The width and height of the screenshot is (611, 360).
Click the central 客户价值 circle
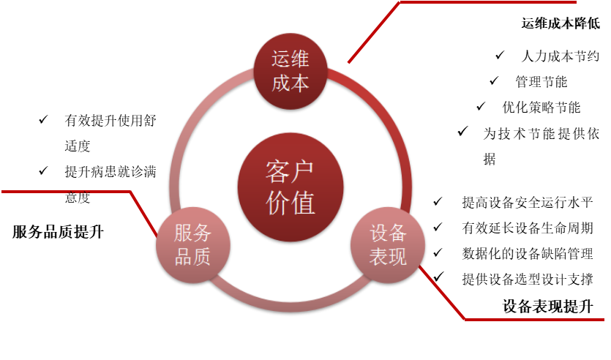coord(290,187)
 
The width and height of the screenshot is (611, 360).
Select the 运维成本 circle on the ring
coord(290,72)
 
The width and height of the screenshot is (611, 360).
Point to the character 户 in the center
coord(303,172)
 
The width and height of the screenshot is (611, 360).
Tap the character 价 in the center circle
coord(277,203)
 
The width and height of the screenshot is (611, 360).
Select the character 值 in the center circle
coord(303,203)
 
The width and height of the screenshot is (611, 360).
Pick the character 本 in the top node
coord(300,83)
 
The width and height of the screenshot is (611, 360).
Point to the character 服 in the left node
coord(183,234)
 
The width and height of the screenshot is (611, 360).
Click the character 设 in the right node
coord(378,234)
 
